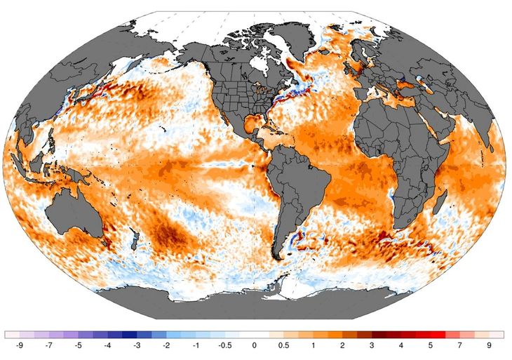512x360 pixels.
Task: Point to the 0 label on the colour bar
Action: point(254,346)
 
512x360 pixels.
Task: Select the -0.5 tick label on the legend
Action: point(224,346)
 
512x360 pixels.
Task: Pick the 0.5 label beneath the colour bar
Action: point(283,346)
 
